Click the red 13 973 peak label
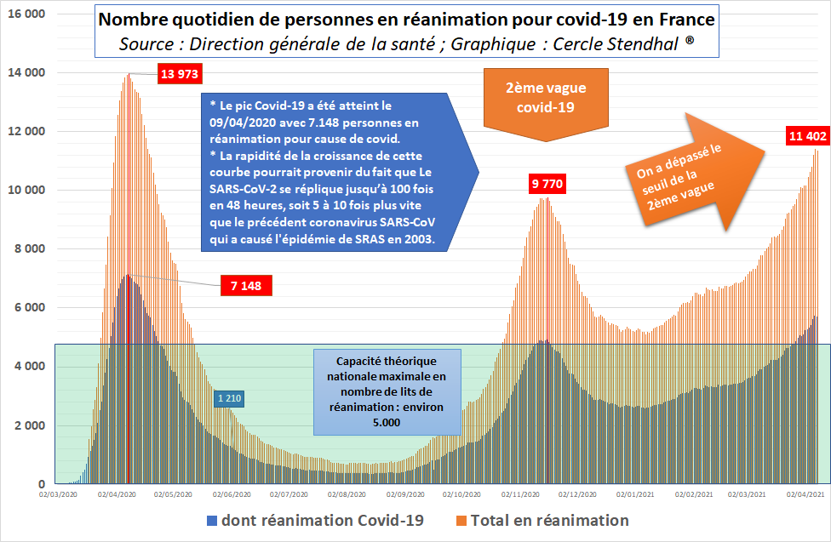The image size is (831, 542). tap(179, 74)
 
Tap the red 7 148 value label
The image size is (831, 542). tap(244, 286)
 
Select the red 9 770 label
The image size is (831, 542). tap(547, 183)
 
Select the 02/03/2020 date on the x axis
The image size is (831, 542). tap(58, 493)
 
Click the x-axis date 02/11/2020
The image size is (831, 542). tap(520, 493)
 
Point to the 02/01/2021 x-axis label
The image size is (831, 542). tap(635, 493)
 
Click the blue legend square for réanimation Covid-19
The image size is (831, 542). tap(210, 520)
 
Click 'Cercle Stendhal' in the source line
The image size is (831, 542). tap(631, 43)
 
